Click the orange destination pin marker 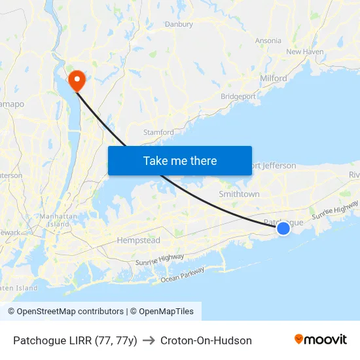click(x=77, y=80)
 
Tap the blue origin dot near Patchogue click(x=283, y=228)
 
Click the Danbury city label click(x=179, y=24)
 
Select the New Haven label click(x=305, y=52)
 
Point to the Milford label click(x=273, y=78)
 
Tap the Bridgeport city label click(x=238, y=96)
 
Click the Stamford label click(x=158, y=132)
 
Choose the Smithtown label click(x=239, y=194)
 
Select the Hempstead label click(x=138, y=240)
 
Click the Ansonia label click(x=268, y=41)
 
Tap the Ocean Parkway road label click(x=183, y=275)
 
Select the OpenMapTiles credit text click(x=164, y=312)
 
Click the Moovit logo click(x=320, y=340)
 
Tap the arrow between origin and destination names click(x=149, y=340)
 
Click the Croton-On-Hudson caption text click(x=206, y=340)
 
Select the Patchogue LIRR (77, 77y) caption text click(x=75, y=340)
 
